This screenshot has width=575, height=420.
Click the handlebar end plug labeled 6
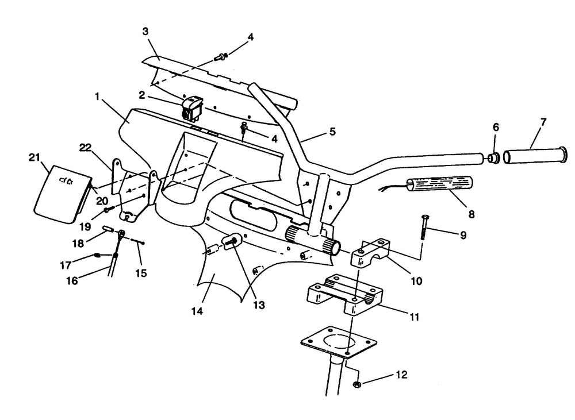click(x=493, y=157)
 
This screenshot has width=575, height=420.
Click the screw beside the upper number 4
click(x=220, y=56)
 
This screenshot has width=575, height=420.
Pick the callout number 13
click(x=259, y=306)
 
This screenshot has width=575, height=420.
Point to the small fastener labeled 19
click(x=108, y=210)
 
